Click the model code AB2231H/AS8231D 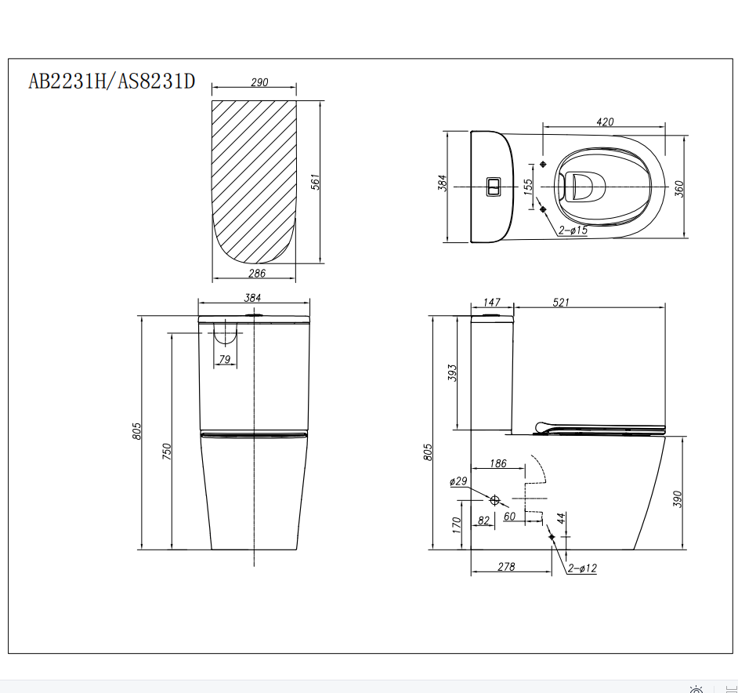(x=111, y=81)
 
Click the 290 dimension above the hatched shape (x=259, y=82)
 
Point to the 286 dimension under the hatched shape (x=256, y=273)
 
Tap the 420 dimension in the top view (x=605, y=122)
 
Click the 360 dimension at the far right (x=679, y=188)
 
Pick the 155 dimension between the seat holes (x=528, y=186)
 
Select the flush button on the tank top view (x=494, y=187)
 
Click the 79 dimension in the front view (x=225, y=359)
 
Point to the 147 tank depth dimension (x=491, y=303)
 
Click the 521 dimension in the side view (x=561, y=303)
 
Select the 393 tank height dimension (x=451, y=372)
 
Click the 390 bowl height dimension (x=678, y=499)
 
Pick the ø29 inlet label (x=458, y=481)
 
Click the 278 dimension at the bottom (x=506, y=566)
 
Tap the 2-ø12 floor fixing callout (x=582, y=568)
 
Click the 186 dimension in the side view (x=497, y=463)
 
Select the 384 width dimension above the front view (x=252, y=297)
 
